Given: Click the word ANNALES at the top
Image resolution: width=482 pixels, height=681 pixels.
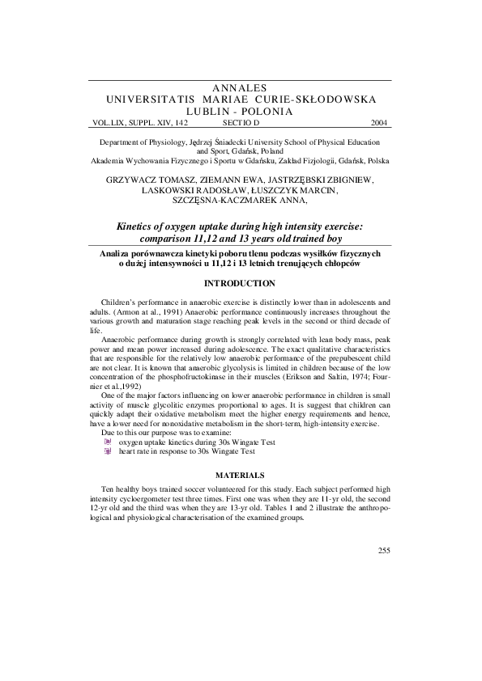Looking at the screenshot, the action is pyautogui.click(x=241, y=87).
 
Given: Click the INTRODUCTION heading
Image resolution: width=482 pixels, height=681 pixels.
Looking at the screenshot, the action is pyautogui.click(x=241, y=283).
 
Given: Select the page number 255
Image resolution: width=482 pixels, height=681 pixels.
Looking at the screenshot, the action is pyautogui.click(x=384, y=551).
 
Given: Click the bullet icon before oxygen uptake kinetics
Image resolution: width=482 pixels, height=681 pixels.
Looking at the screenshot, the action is pyautogui.click(x=109, y=442).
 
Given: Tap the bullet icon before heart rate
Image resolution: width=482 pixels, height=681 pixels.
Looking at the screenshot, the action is pyautogui.click(x=109, y=451).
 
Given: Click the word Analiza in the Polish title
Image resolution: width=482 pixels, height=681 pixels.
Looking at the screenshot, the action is pyautogui.click(x=117, y=253).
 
